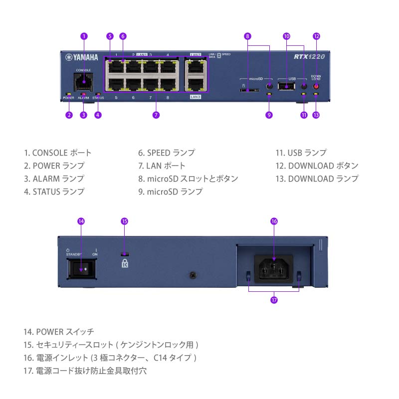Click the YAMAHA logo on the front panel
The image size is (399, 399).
coord(81,56)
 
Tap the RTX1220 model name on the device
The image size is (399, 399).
coord(310,56)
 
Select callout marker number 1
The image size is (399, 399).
coord(84,36)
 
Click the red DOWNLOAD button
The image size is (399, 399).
coord(316,86)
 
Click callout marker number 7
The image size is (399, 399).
coord(156,115)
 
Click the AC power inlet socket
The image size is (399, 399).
coord(273,270)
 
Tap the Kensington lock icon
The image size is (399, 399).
coord(125,263)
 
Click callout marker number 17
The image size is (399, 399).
coord(273,300)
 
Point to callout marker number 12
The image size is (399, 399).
coord(316,36)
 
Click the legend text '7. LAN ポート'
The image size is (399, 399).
coord(162,166)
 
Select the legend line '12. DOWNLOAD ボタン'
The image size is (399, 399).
coord(317,166)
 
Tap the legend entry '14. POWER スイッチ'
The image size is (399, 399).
coord(59,331)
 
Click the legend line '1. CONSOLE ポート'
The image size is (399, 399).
coord(58,153)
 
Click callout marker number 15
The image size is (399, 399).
coord(125,220)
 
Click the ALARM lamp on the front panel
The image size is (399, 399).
coord(83,93)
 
